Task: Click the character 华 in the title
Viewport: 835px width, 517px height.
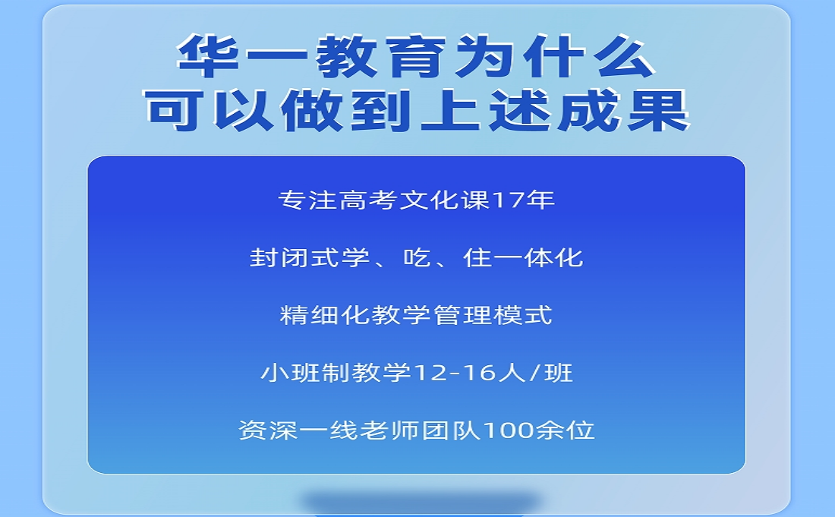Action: (x=208, y=55)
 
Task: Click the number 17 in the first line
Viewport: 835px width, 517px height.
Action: (x=508, y=200)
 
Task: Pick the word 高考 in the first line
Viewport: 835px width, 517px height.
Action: (x=368, y=200)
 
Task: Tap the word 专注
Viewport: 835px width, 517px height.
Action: (x=307, y=200)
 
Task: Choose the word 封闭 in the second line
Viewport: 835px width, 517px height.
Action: (x=279, y=257)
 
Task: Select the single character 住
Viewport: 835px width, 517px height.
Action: (x=477, y=257)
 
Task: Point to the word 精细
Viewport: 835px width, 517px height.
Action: (x=310, y=315)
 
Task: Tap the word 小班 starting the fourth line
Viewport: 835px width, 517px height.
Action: (x=290, y=373)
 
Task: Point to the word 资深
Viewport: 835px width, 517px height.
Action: (x=268, y=430)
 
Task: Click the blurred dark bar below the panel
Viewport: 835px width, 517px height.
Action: (x=421, y=503)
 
